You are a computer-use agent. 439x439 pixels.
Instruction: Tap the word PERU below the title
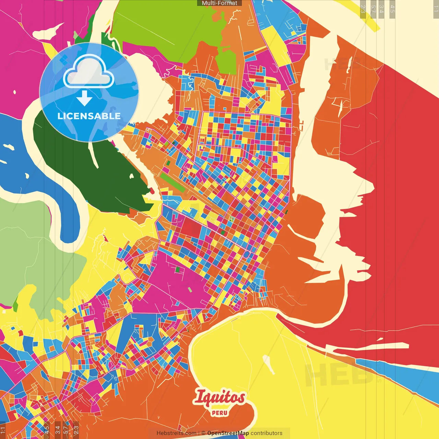219,413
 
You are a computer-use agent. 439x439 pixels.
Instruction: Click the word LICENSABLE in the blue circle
89,116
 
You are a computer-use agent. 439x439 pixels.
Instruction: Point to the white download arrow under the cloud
84,98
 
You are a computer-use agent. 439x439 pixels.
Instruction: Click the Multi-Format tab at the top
219,3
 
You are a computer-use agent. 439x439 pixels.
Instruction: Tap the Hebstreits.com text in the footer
176,433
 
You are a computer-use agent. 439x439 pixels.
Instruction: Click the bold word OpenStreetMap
228,433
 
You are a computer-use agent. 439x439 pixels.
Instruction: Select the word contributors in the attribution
266,433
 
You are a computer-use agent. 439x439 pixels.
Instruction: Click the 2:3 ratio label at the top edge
363,9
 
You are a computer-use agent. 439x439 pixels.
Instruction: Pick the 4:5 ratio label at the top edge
392,9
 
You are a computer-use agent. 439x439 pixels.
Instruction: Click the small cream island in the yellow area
269,365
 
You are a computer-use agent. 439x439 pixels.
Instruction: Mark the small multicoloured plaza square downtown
232,219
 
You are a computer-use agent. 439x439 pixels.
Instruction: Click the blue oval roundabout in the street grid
246,254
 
